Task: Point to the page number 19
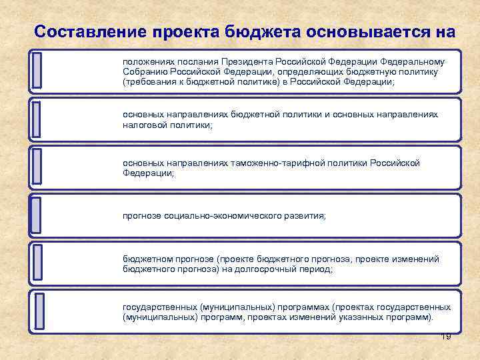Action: (446, 337)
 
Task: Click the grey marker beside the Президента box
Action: (37, 70)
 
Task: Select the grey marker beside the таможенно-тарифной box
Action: (37, 166)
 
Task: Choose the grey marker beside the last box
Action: (38, 310)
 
